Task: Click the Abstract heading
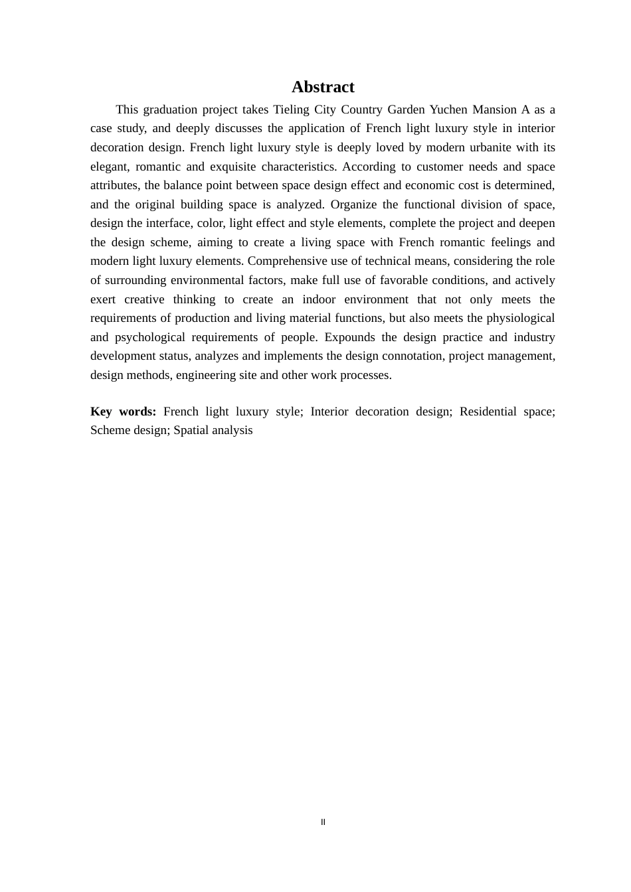point(323,87)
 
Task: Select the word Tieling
point(292,110)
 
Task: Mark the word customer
point(440,167)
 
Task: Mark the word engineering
point(206,375)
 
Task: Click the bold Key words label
point(123,411)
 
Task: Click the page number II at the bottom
point(323,822)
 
